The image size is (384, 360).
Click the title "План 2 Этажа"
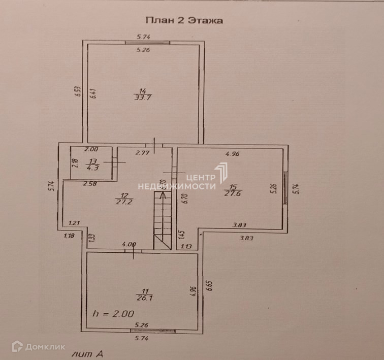click(184, 21)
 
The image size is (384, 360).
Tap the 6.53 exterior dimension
click(77, 92)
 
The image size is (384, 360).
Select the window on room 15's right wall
click(285, 188)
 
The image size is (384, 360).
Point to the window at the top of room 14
click(146, 43)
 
